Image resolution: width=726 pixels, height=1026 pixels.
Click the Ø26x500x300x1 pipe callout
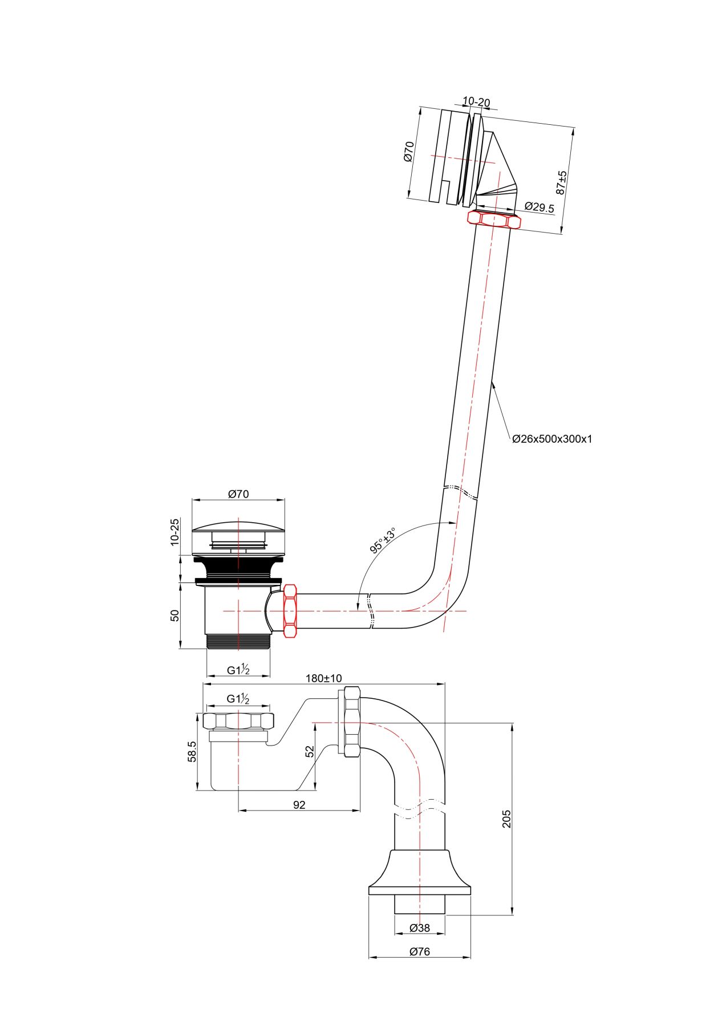pos(551,439)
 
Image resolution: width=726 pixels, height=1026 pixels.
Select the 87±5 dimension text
pos(562,182)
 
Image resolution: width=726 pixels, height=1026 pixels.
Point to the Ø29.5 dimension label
pos(538,207)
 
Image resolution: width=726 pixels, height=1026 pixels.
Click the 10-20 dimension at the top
pos(476,102)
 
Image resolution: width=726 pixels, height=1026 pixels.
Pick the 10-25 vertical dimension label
pos(175,532)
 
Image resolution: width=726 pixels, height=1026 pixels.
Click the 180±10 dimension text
pos(323,678)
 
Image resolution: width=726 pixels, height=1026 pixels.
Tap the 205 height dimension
pos(506,819)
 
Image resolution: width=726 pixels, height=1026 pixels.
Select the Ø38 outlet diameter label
pos(419,928)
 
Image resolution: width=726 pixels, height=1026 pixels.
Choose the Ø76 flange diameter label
pos(419,951)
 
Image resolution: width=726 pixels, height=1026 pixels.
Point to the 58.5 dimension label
pos(192,751)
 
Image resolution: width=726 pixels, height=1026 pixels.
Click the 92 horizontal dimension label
pos(299,805)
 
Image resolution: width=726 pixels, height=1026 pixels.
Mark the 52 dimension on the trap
pos(310,751)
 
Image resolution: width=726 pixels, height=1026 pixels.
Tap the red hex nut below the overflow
pos(494,219)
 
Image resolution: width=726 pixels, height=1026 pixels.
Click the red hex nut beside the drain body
pos(290,610)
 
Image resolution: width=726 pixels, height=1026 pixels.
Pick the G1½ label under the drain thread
pos(238,670)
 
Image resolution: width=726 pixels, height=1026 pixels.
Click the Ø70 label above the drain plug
pos(238,494)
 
